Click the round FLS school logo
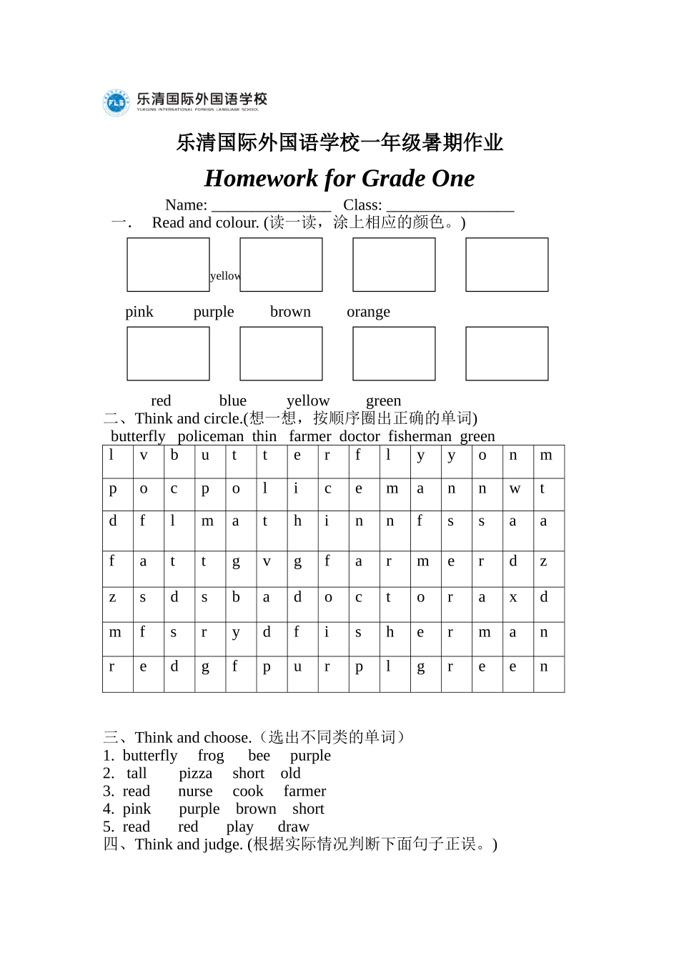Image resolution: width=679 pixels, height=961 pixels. [x=116, y=103]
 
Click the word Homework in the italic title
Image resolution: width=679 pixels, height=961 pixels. [x=261, y=179]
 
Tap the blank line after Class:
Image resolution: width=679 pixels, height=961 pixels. [x=450, y=206]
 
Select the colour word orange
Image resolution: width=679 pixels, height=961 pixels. [x=368, y=312]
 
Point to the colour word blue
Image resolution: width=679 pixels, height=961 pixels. [x=232, y=401]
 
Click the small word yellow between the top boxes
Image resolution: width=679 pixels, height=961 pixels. [x=224, y=276]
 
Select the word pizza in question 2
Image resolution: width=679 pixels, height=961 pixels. [x=195, y=774]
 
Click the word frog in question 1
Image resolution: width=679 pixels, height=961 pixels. [x=211, y=756]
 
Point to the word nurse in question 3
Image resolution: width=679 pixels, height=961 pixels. [x=195, y=792]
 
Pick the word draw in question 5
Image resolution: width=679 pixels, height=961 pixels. [x=293, y=827]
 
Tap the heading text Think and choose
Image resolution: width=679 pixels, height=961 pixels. [x=193, y=738]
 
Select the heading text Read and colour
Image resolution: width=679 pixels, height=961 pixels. [x=205, y=223]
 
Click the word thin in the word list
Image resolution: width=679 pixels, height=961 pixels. [x=264, y=436]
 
